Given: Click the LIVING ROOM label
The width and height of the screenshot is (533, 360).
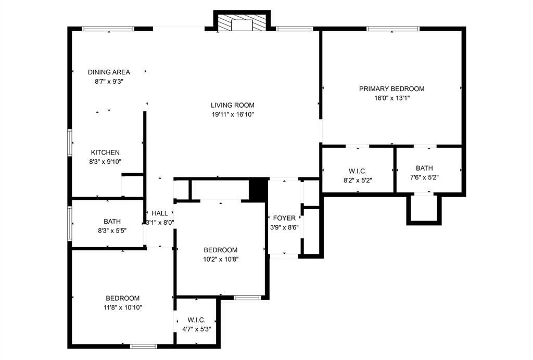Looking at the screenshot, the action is pyautogui.click(x=233, y=105).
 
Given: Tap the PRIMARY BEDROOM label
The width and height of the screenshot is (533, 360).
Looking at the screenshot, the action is pyautogui.click(x=391, y=88).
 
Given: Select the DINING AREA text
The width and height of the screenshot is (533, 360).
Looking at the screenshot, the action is pyautogui.click(x=109, y=72).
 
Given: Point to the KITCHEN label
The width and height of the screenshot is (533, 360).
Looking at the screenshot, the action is pyautogui.click(x=105, y=152).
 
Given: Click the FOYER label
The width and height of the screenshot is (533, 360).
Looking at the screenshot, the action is pyautogui.click(x=284, y=218).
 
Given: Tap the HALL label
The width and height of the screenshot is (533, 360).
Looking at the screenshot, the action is pyautogui.click(x=160, y=213).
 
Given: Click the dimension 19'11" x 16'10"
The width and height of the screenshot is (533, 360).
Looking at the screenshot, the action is pyautogui.click(x=233, y=115).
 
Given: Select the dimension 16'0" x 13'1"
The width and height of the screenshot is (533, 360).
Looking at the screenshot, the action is pyautogui.click(x=391, y=98).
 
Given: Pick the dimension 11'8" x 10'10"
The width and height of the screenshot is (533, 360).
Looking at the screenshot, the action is pyautogui.click(x=123, y=307).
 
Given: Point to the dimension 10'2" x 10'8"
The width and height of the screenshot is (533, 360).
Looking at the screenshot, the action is pyautogui.click(x=221, y=260).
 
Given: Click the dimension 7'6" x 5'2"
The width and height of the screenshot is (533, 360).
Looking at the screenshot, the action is pyautogui.click(x=424, y=177).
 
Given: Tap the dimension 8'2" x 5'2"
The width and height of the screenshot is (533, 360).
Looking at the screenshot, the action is pyautogui.click(x=358, y=181).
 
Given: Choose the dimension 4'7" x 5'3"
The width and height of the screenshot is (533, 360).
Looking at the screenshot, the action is pyautogui.click(x=196, y=329).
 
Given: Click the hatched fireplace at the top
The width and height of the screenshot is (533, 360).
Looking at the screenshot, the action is pyautogui.click(x=242, y=23).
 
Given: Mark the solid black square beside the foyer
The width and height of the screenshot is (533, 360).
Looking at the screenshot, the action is pyautogui.click(x=258, y=189).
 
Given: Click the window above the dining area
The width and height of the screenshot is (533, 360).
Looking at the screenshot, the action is pyautogui.click(x=108, y=29).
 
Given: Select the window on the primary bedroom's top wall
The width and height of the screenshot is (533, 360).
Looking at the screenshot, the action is pyautogui.click(x=393, y=29).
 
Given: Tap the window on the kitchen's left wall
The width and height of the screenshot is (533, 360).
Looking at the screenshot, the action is pyautogui.click(x=70, y=143).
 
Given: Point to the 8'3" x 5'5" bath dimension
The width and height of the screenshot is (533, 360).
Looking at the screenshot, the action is pyautogui.click(x=112, y=231).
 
